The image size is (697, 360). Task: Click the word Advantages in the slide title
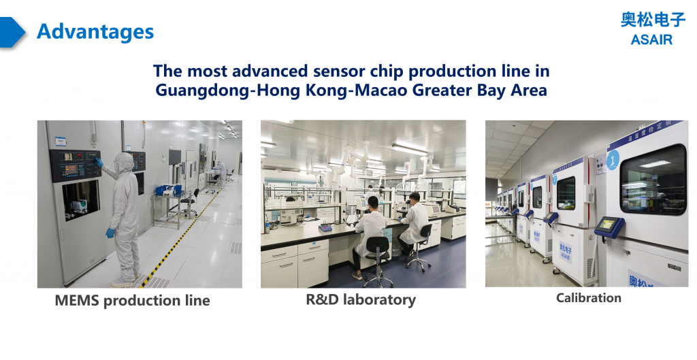[95, 31]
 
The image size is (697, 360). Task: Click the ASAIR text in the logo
[651, 39]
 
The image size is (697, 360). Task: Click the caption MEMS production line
[132, 300]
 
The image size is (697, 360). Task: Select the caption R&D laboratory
[361, 299]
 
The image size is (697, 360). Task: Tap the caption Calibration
[588, 297]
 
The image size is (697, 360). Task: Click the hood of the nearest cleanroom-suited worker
[123, 162]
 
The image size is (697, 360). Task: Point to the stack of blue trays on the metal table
[168, 191]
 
